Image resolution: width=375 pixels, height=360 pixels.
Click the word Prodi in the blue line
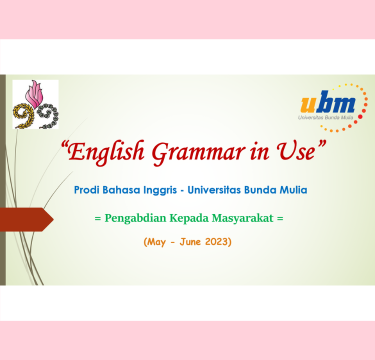pyautogui.click(x=86, y=190)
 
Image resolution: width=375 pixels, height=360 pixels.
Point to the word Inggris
pyautogui.click(x=160, y=190)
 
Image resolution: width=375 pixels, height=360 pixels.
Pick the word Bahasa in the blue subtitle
pyautogui.click(x=121, y=190)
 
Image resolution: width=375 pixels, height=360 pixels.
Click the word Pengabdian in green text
pyautogui.click(x=135, y=218)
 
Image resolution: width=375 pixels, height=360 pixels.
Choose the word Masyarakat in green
pyautogui.click(x=242, y=218)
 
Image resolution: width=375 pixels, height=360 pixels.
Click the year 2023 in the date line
pyautogui.click(x=216, y=241)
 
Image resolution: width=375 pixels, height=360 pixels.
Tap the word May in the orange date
pyautogui.click(x=156, y=242)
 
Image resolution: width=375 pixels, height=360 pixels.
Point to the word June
pyautogui.click(x=190, y=241)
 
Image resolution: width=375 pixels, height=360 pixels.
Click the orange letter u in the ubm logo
pyautogui.click(x=308, y=104)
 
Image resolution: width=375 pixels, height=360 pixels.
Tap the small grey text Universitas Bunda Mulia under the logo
pyautogui.click(x=325, y=117)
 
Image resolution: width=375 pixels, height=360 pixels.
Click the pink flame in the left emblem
pyautogui.click(x=34, y=94)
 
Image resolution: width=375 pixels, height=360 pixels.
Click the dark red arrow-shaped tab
pyautogui.click(x=26, y=219)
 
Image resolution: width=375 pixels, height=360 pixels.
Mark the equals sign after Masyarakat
pyautogui.click(x=280, y=218)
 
